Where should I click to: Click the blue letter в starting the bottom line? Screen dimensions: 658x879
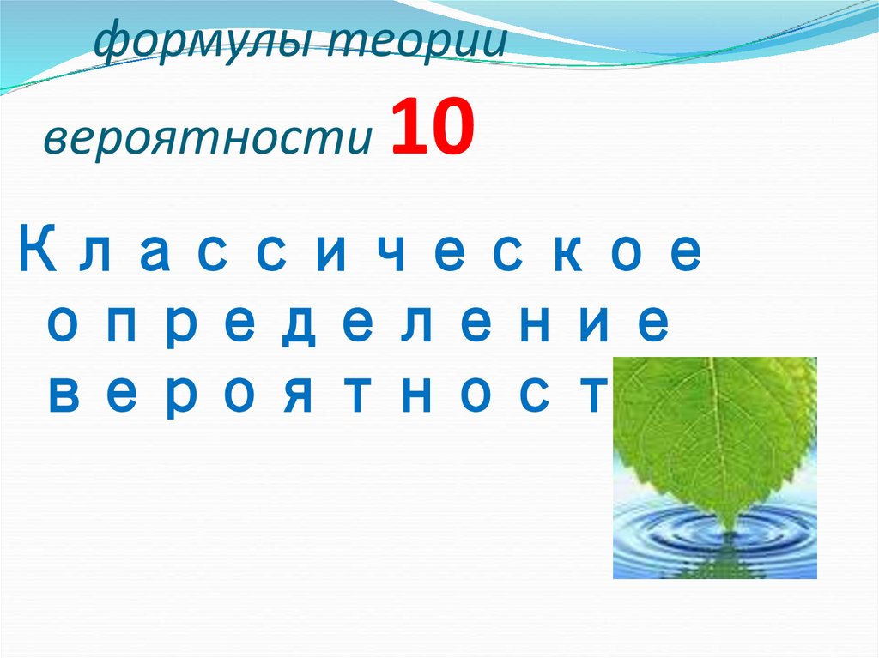pos(62,395)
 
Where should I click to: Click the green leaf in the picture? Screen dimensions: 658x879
pos(712,429)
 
